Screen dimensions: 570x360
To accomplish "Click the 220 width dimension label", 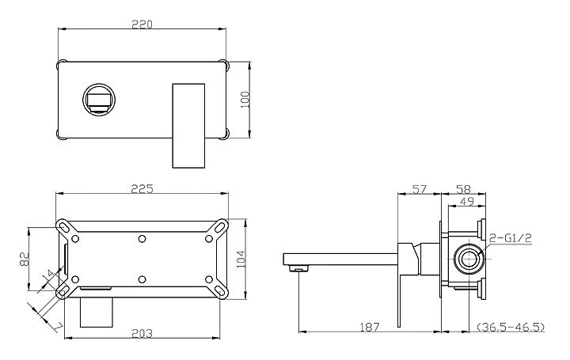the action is (142, 25).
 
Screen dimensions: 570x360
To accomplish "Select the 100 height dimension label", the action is (245, 99).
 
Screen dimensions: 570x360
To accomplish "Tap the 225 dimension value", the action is (142, 189).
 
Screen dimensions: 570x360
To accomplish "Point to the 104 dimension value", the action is (241, 260).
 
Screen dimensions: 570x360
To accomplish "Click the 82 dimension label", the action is (24, 259).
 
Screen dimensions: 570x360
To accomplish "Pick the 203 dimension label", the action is (142, 333).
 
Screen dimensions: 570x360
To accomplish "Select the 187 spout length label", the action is (370, 327).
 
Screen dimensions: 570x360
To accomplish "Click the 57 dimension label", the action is (419, 189).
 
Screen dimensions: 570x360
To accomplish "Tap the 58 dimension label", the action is (463, 189).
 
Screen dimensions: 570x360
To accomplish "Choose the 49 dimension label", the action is (467, 202).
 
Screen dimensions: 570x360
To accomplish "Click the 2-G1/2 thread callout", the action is (511, 238).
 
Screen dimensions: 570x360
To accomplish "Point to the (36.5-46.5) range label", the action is (511, 327).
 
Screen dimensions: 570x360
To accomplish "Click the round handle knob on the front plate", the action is (99, 100).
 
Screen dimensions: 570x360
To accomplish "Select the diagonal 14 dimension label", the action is (48, 276).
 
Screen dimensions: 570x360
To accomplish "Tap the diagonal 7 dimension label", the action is (59, 327).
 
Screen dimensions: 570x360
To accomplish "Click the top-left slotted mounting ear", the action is (66, 228).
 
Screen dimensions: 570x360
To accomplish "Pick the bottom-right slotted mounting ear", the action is (218, 290).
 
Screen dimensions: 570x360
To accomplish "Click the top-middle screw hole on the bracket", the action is (142, 239).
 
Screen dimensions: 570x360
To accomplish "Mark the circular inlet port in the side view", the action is (469, 259).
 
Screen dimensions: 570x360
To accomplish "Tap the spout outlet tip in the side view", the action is (299, 269).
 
